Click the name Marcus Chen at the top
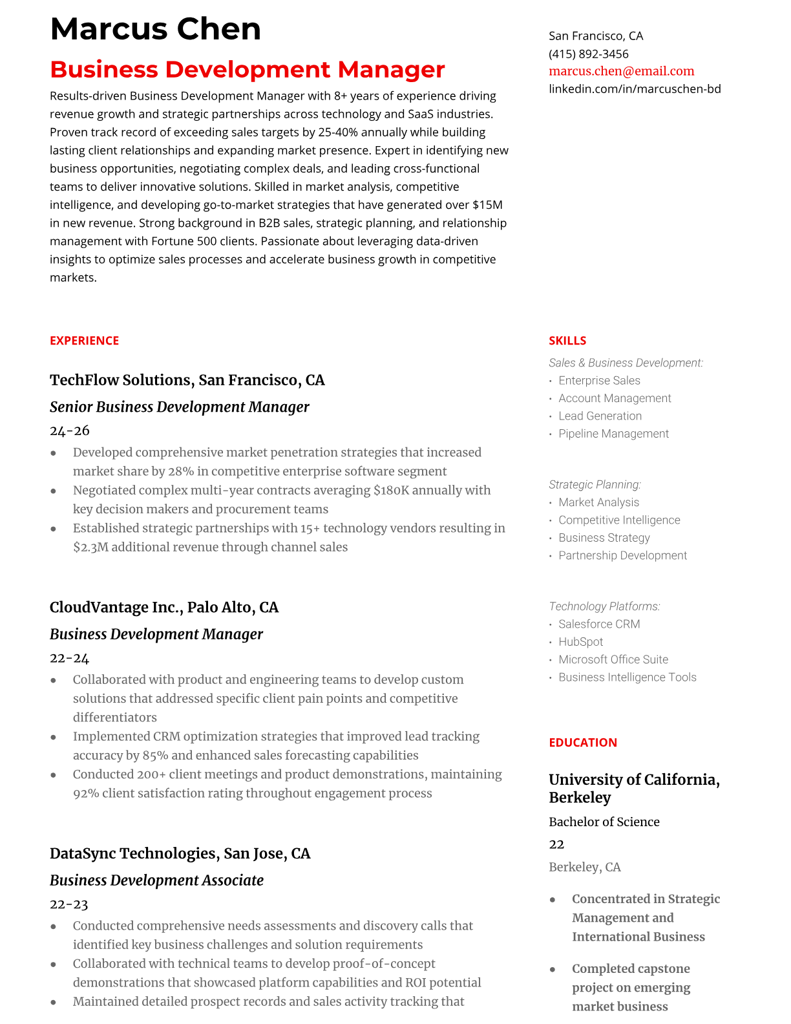[155, 29]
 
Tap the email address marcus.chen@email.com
[621, 71]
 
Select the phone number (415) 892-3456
[588, 54]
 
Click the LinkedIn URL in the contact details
[635, 89]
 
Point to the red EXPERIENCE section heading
[84, 341]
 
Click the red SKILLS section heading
[567, 341]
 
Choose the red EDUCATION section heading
[582, 743]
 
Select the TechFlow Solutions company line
[187, 380]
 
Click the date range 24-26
[69, 431]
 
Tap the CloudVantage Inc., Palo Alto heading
[163, 608]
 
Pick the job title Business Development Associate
[156, 880]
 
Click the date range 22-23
[69, 904]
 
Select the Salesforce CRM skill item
[599, 624]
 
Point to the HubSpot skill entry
[580, 642]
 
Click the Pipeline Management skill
[613, 434]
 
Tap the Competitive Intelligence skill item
[619, 520]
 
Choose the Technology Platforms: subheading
[604, 606]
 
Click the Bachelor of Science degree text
[604, 822]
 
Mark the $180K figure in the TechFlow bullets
[391, 490]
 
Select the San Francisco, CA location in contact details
[595, 36]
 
